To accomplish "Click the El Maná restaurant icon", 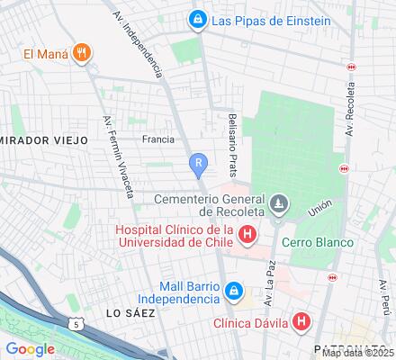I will point(81,52).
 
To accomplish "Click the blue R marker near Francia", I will point(198,164).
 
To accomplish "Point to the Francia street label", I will point(158,139).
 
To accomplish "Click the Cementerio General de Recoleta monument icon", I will point(279,203).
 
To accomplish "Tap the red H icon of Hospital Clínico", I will point(248,236).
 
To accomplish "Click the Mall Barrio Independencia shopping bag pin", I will point(233,292).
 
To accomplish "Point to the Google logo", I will point(31,348).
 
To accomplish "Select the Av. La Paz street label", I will point(268,289).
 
